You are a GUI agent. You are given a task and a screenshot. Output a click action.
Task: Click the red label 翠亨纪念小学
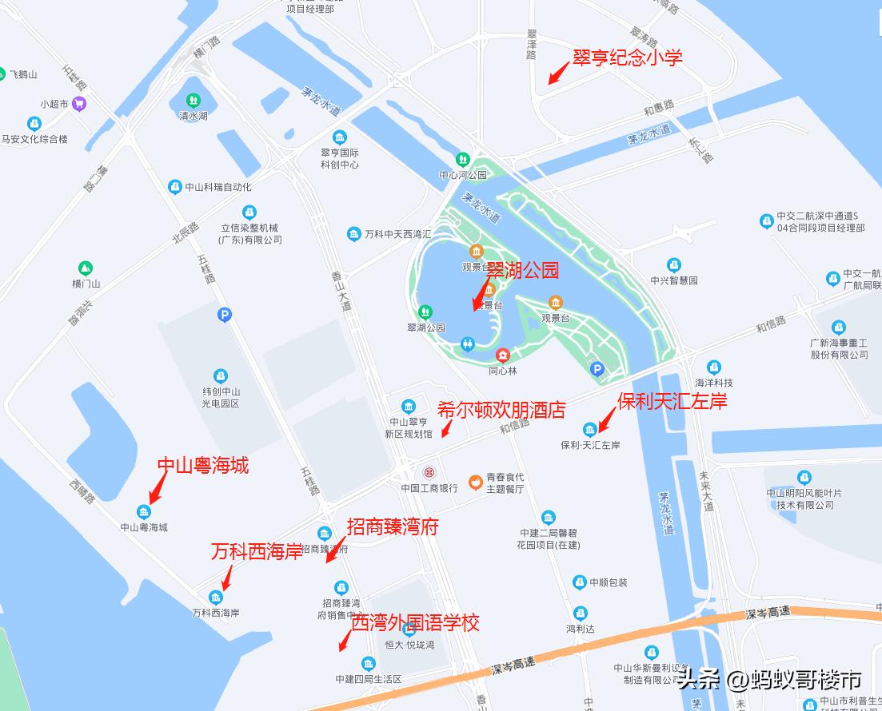tap(627, 58)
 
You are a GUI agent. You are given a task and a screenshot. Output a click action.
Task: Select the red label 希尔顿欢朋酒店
tap(501, 411)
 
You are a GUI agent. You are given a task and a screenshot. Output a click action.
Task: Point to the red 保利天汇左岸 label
tap(672, 401)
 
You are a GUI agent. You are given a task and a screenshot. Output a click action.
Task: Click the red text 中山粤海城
tap(202, 465)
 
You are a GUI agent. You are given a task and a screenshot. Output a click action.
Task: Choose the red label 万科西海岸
tap(257, 551)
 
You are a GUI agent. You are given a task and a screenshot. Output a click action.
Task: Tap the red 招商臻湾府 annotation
tap(393, 526)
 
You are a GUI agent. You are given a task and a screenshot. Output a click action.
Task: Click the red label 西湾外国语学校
tap(416, 622)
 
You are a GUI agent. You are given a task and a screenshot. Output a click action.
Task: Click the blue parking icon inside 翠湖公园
tap(597, 368)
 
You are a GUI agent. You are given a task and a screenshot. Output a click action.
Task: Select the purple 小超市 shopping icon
tap(78, 103)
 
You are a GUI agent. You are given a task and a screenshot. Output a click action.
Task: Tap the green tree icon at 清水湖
tap(193, 101)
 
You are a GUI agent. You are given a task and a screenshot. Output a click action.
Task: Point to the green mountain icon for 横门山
tap(86, 268)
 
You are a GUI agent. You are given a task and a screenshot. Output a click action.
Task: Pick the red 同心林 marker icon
tap(503, 355)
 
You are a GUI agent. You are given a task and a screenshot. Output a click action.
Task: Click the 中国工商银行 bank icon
tap(429, 472)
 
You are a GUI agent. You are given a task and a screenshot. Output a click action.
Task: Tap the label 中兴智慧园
tap(673, 280)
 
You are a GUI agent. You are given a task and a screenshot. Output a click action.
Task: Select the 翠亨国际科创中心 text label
tap(340, 158)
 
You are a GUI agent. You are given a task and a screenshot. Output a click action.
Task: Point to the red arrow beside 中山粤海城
tap(158, 487)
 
